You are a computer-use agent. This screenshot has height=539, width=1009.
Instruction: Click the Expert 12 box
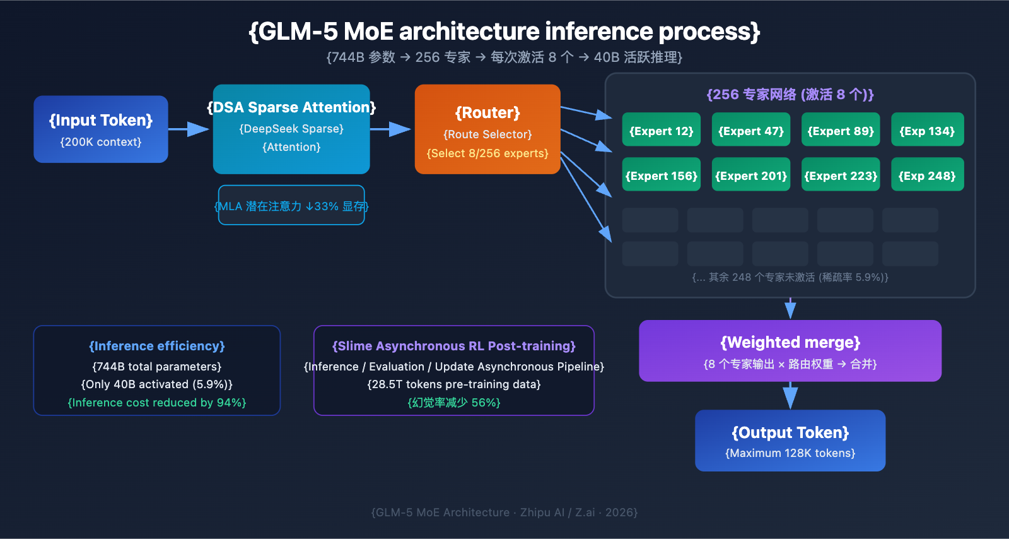(661, 130)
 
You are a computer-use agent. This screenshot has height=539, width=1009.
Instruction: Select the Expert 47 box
(750, 130)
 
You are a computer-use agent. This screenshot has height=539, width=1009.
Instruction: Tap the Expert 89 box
(840, 130)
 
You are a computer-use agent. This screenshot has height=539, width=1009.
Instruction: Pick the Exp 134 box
(927, 130)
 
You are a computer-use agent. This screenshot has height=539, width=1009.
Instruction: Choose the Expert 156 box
(661, 175)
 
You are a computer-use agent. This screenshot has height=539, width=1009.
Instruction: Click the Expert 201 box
(750, 175)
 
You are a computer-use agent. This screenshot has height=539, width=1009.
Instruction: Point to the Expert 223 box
(840, 175)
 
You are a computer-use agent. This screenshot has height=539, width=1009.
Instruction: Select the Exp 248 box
(927, 175)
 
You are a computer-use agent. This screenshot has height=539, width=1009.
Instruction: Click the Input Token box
(101, 129)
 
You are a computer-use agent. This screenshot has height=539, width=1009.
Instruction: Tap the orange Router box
(487, 129)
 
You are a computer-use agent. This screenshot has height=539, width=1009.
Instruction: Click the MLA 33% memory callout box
(291, 205)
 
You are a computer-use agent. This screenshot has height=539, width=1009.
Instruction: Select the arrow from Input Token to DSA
(189, 129)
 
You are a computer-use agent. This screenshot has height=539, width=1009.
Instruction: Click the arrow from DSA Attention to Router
(390, 129)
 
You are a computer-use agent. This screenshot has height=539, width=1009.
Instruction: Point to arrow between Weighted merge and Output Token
(790, 396)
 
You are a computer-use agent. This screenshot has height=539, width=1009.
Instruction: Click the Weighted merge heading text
(790, 342)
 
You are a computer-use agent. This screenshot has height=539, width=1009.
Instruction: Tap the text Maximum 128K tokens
(790, 453)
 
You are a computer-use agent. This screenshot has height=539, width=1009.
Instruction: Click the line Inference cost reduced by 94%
(157, 403)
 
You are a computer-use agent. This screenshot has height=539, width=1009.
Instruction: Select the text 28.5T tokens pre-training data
(454, 384)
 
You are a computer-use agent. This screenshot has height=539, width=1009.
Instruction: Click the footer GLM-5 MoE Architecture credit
(504, 512)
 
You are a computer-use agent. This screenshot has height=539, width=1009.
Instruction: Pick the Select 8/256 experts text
(487, 153)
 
